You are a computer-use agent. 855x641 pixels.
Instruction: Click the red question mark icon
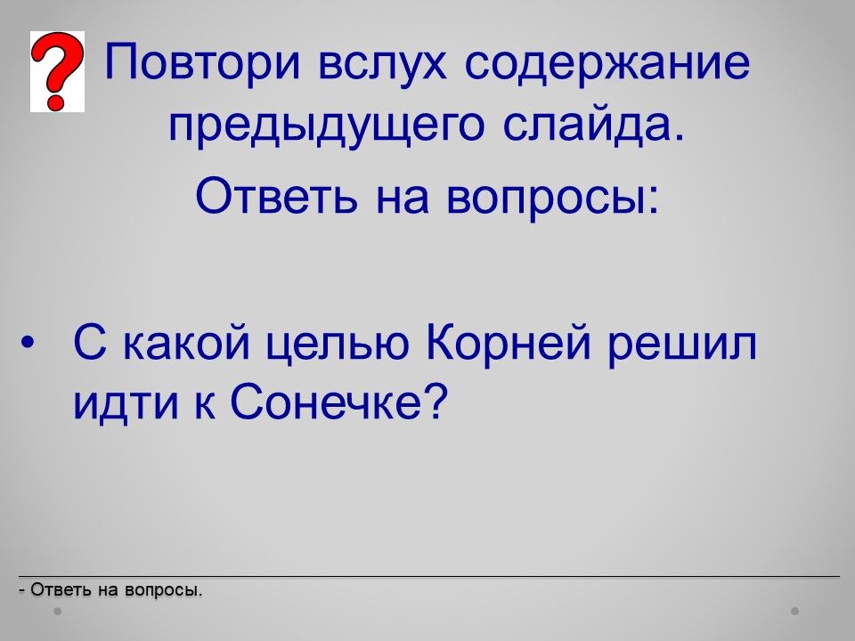(x=57, y=71)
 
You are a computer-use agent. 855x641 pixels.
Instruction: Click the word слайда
(x=593, y=126)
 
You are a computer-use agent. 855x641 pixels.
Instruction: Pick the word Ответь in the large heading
(x=277, y=194)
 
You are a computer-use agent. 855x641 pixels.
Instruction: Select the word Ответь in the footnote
(x=61, y=589)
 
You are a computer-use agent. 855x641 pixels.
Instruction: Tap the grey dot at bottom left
(x=57, y=612)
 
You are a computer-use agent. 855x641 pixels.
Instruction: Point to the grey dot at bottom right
(x=795, y=612)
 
